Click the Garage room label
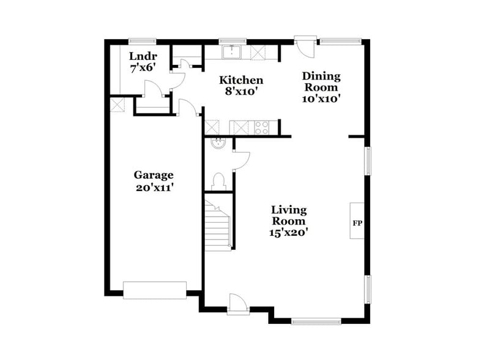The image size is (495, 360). coord(154,175)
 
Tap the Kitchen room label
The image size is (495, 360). coord(242,80)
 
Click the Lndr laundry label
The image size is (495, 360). coord(141,56)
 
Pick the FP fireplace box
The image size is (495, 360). coord(357,221)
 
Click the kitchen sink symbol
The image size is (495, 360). coord(232,53)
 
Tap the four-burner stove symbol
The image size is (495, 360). coord(262,128)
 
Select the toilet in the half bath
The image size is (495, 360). coord(218,181)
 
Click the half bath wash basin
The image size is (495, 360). coord(218,144)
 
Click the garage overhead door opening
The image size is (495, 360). coord(154,290)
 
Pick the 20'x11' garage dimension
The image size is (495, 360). coord(154,188)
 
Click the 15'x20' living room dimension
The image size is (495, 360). coord(289,233)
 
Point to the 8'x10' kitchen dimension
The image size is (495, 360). coord(242,92)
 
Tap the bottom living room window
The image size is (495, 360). coord(316,320)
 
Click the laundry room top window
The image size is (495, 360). coord(138,42)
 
